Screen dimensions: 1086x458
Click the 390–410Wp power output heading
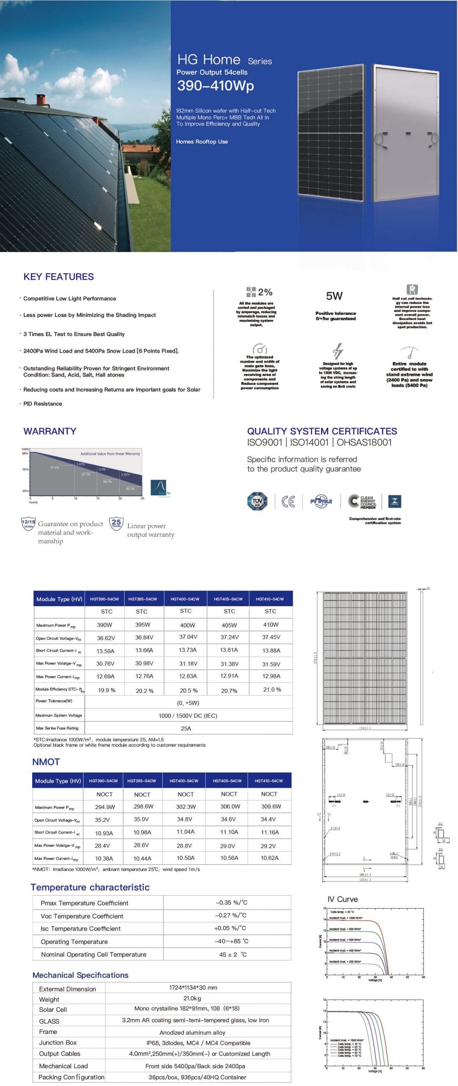[215, 86]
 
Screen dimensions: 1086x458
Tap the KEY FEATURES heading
[58, 277]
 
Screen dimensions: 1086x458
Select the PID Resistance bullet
[42, 404]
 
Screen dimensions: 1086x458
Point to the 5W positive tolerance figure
[334, 296]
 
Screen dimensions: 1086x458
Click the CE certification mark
[288, 501]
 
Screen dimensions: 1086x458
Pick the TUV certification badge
[257, 501]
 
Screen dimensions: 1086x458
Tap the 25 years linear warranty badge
[116, 523]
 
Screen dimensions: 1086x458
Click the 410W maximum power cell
[271, 624]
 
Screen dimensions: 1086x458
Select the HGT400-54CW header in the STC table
[185, 599]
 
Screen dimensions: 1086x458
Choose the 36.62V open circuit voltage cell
[106, 638]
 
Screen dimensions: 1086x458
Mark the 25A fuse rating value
[186, 728]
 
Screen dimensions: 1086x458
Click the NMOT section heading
[46, 762]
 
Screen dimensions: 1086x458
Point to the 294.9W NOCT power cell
[105, 807]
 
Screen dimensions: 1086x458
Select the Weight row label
[49, 999]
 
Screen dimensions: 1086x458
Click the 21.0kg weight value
[192, 998]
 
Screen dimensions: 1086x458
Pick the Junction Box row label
[58, 1042]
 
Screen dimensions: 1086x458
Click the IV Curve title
[342, 899]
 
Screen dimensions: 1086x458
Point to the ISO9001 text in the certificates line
[264, 442]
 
